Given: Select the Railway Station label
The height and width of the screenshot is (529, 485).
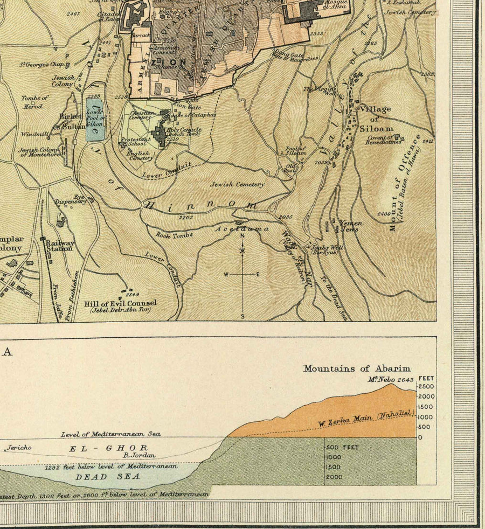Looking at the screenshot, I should pyautogui.click(x=59, y=246).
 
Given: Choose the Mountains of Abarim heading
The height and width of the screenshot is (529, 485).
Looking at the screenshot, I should pyautogui.click(x=356, y=369).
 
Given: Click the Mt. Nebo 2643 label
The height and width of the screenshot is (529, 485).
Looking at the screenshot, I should pyautogui.click(x=390, y=379).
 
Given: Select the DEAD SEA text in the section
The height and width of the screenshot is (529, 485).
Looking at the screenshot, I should pyautogui.click(x=107, y=476).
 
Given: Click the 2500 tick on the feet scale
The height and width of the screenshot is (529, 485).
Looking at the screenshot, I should pyautogui.click(x=426, y=387).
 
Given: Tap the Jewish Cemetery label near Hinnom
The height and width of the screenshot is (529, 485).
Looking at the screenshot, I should pyautogui.click(x=238, y=184).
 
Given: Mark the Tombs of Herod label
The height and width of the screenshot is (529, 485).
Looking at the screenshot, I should pyautogui.click(x=34, y=102).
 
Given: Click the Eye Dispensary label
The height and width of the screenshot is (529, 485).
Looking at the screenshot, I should pyautogui.click(x=73, y=199).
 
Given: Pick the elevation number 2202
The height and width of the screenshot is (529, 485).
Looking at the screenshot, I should pyautogui.click(x=185, y=217).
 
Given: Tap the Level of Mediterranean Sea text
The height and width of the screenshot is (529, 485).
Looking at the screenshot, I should pyautogui.click(x=110, y=434).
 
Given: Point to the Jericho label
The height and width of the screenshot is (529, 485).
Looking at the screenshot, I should pyautogui.click(x=20, y=447).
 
